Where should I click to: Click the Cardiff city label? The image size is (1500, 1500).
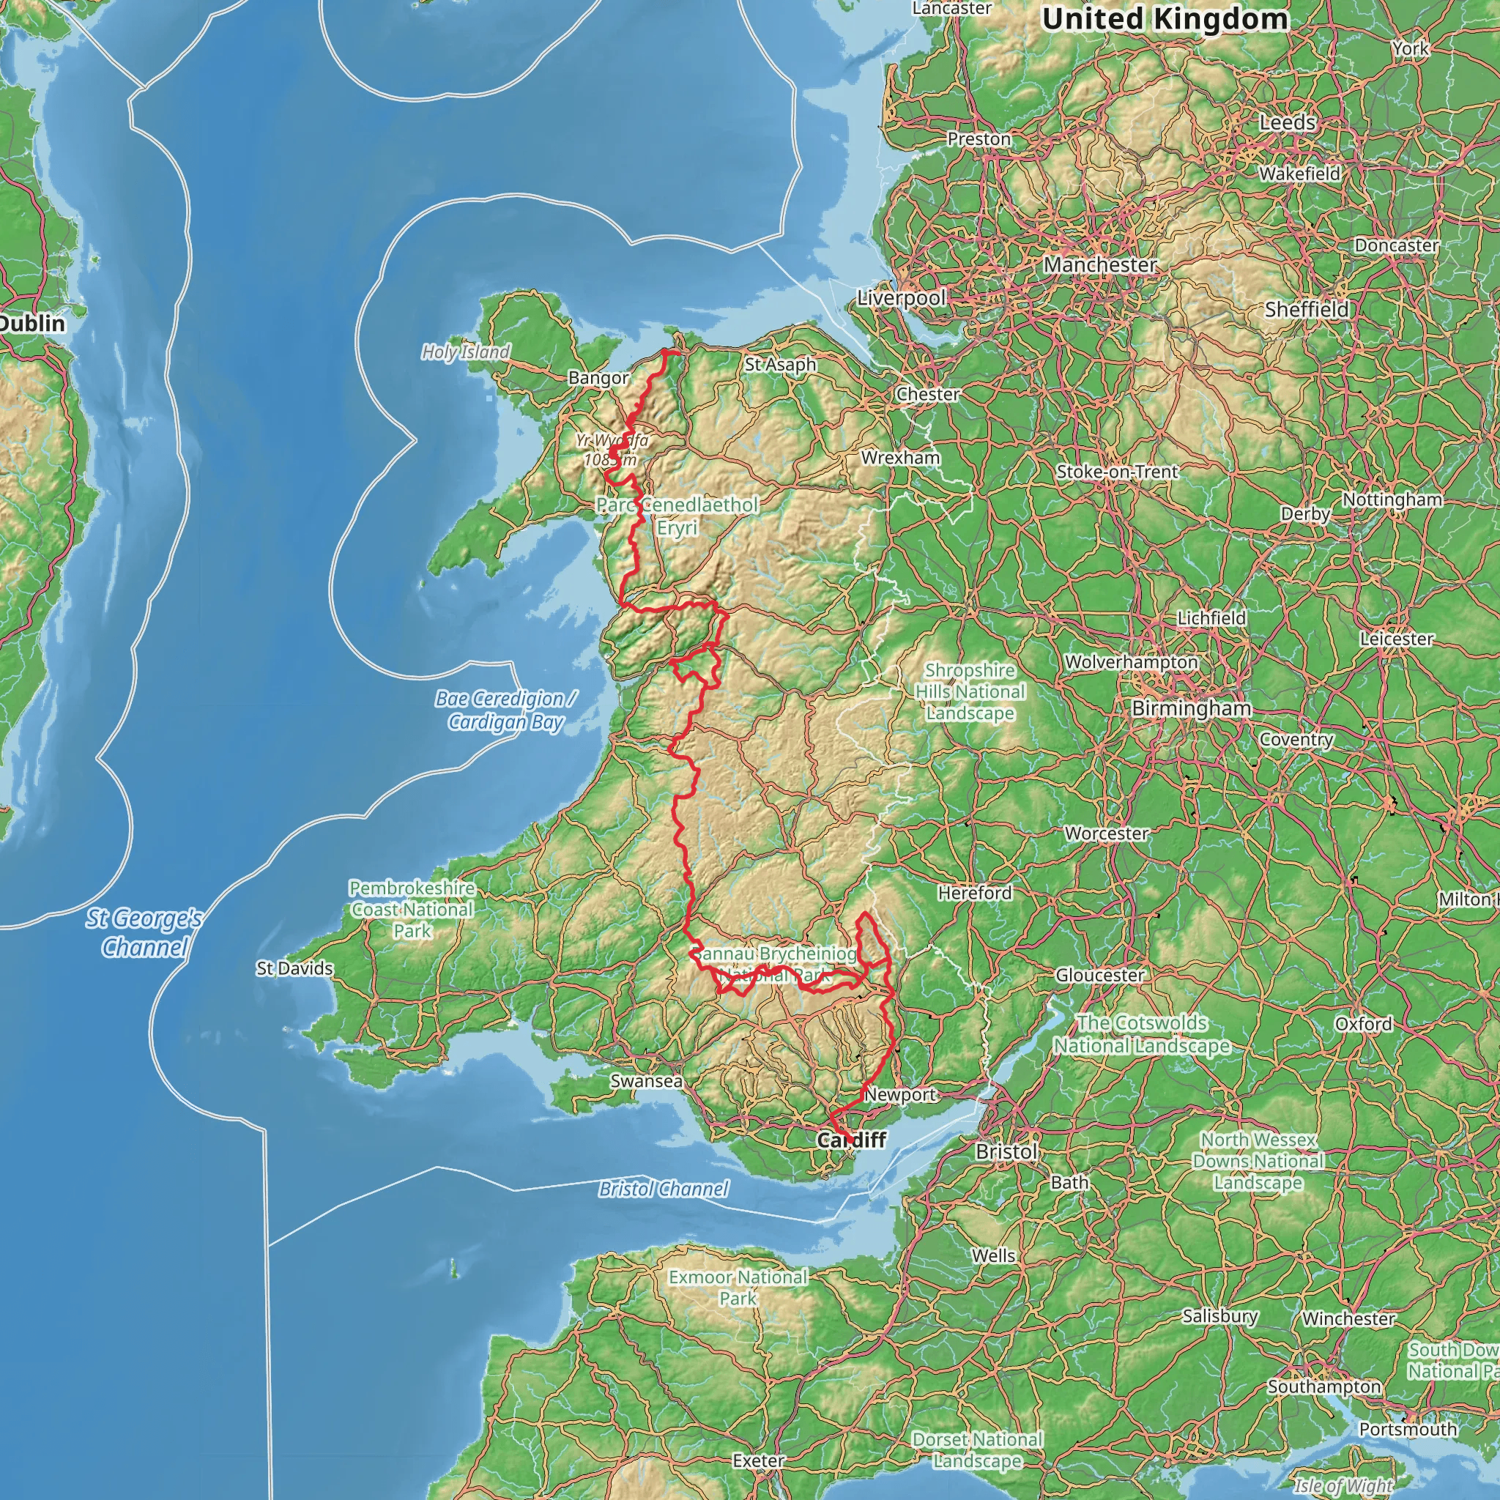851,1140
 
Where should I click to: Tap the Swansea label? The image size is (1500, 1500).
646,1081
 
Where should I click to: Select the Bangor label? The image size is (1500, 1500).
598,378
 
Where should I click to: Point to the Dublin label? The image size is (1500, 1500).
31,323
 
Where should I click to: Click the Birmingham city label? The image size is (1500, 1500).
1191,708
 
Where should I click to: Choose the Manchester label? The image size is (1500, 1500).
1099,264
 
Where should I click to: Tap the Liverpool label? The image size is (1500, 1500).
902,297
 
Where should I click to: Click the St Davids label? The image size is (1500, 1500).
294,968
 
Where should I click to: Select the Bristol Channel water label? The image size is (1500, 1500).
663,1189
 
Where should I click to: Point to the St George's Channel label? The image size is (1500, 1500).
144,932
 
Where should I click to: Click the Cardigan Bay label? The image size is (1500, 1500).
505,710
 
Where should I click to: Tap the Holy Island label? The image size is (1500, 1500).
465,352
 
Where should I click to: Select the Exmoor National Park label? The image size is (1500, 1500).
738,1288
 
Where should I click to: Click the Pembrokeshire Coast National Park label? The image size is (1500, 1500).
412,909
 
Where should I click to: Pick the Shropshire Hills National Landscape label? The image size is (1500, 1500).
970,691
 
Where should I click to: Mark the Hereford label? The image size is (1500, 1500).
974,893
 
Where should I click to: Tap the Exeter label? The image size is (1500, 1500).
758,1460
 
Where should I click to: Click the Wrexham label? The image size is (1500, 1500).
900,457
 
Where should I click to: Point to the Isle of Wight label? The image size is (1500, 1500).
1343,1486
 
